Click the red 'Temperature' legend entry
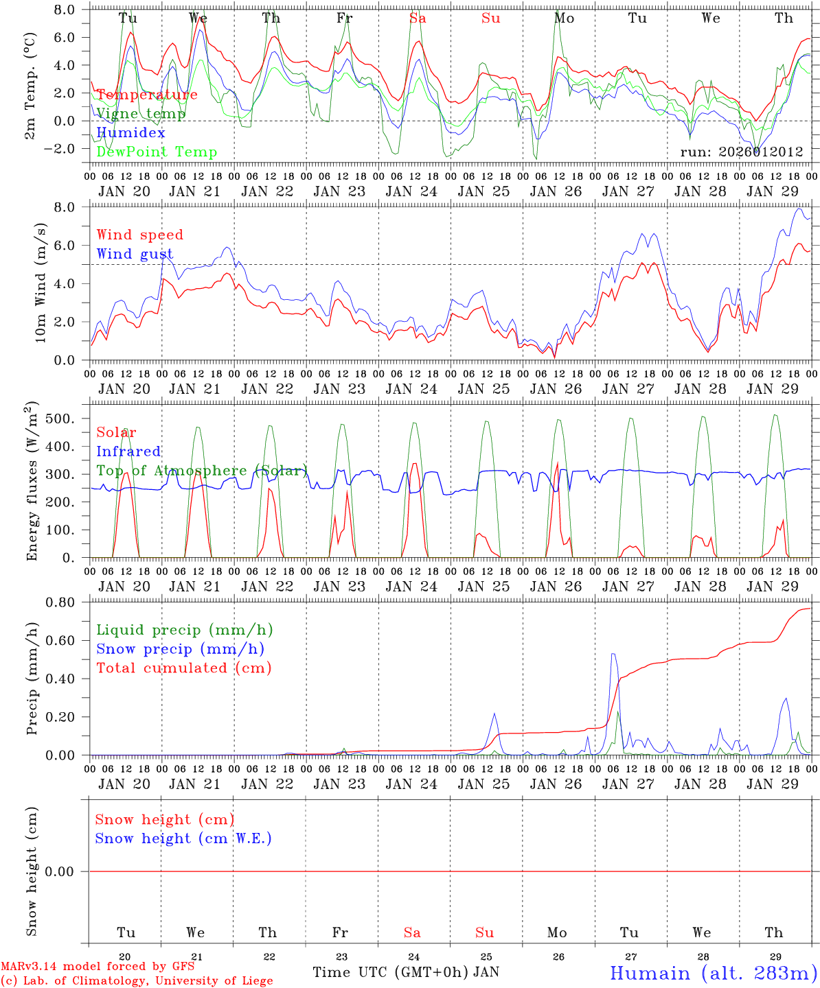147,95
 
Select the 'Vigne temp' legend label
141,114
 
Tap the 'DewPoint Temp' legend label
157,152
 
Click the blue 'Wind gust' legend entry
135,254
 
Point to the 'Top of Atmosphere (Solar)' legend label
202,471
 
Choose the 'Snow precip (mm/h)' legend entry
180,649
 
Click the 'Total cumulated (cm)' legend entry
184,668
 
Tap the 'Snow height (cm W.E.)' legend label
183,838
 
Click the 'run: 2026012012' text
742,152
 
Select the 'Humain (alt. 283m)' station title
714,973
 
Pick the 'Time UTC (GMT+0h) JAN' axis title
406,972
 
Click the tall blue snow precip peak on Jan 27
613,655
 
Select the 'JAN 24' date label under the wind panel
411,389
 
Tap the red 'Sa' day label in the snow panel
412,932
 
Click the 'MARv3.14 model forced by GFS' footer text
98,967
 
